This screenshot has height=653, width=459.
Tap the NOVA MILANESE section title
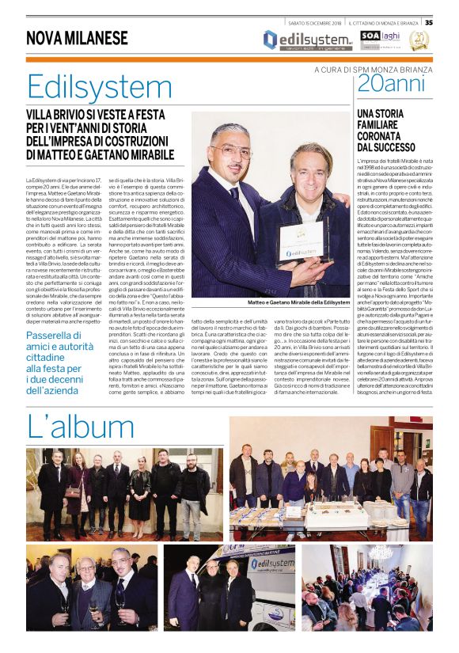click(77, 38)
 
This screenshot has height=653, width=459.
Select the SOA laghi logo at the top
click(381, 37)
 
